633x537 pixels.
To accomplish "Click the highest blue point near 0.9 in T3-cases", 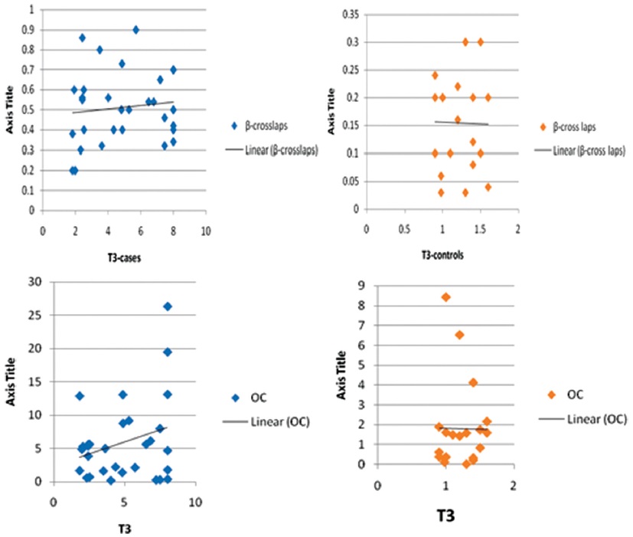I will tap(136, 30).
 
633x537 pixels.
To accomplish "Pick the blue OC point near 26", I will tap(168, 306).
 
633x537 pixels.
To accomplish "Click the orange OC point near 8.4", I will tap(445, 296).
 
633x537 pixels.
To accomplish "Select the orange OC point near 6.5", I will tap(459, 335).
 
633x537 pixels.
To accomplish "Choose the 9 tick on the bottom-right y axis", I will tap(362, 286).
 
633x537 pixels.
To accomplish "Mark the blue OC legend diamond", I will tap(236, 398).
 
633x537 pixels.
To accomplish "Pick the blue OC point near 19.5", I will tap(168, 352).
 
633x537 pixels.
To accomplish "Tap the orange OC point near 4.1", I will tap(473, 382).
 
